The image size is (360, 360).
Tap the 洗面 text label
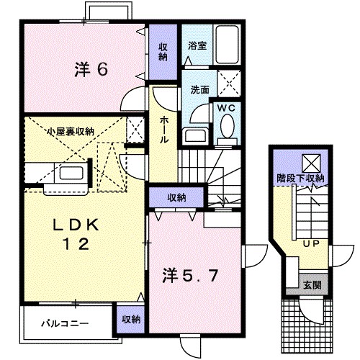pos(199,91)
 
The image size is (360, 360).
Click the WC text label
pos(228,107)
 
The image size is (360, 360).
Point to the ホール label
pos(165,130)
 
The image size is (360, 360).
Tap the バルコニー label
pos(64,323)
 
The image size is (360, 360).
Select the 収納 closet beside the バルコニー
pos(130,318)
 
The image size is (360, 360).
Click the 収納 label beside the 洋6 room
pos(163,53)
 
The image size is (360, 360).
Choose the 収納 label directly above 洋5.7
pos(178,197)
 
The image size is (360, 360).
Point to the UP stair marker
pos(311,244)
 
